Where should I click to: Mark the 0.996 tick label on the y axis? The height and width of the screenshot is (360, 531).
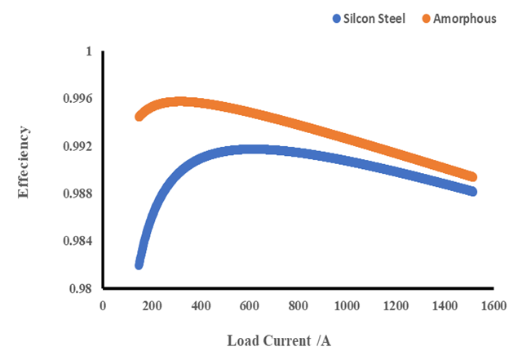77,99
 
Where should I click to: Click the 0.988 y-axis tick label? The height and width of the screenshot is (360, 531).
77,193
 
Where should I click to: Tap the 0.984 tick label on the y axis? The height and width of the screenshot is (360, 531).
77,241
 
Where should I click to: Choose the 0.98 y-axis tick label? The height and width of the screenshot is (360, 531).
81,288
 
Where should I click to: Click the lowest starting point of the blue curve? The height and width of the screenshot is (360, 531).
139,265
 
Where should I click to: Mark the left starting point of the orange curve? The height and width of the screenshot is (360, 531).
139,117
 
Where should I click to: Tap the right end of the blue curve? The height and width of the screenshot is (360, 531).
471,191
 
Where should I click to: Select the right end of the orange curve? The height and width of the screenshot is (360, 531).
471,177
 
